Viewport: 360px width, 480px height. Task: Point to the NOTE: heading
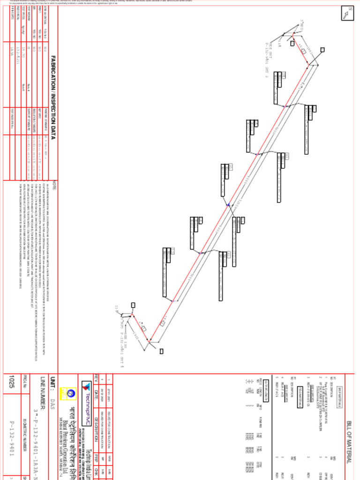click(54, 185)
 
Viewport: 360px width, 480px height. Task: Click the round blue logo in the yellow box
click(71, 395)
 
